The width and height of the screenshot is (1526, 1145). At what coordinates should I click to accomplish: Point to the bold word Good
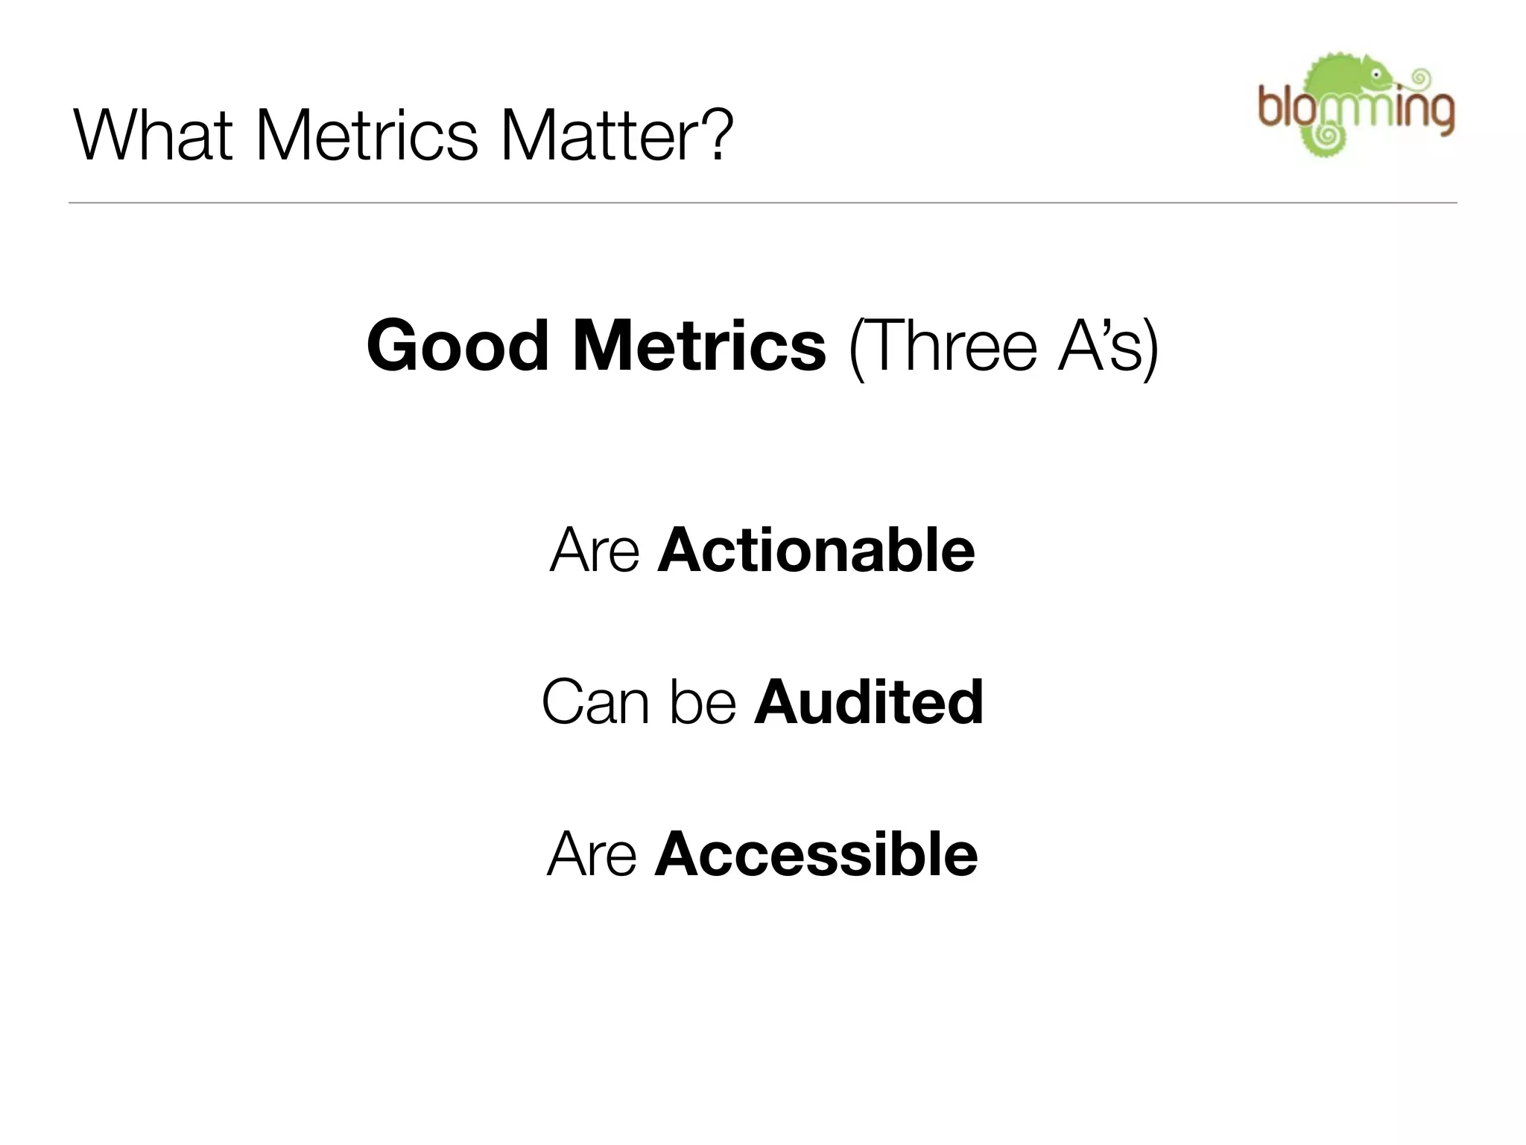[458, 346]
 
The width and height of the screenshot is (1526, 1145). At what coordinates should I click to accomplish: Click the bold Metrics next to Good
[699, 346]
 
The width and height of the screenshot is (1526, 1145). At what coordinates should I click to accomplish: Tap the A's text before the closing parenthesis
[1100, 346]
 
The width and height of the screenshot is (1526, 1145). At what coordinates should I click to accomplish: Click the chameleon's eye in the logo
[1377, 75]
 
